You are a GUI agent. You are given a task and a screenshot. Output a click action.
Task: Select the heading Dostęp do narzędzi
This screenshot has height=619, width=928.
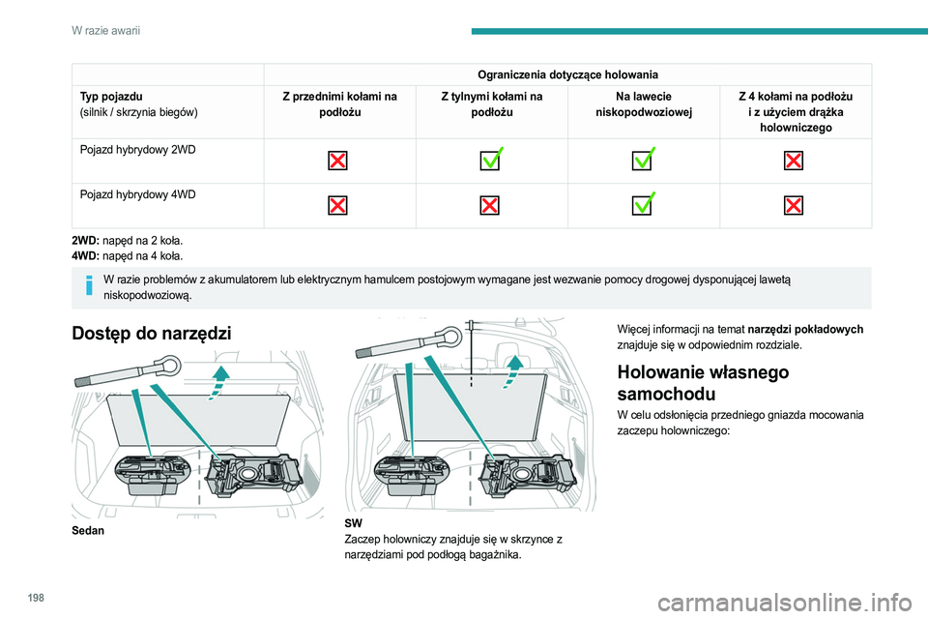tap(152, 334)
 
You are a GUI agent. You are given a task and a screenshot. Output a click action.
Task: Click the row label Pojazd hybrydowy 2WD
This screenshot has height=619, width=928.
tap(135, 150)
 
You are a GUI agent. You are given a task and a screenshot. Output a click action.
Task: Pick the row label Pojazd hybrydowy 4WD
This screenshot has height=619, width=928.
tap(135, 194)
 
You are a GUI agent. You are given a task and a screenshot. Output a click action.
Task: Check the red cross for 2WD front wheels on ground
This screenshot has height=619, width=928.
tap(338, 160)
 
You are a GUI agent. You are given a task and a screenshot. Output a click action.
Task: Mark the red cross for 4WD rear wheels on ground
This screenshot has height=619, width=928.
tap(491, 205)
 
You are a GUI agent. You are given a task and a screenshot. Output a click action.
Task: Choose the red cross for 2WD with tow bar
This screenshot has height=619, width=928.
tap(794, 160)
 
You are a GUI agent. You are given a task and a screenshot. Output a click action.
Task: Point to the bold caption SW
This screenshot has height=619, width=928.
tap(352, 522)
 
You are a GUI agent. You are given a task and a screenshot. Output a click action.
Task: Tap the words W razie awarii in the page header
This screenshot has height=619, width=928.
tap(105, 32)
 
